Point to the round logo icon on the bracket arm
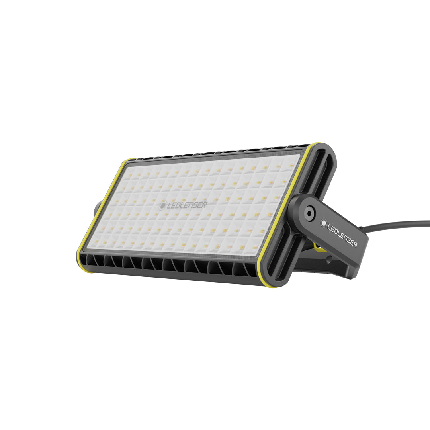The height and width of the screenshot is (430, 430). tap(324, 223)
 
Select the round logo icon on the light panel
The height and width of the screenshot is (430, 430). tap(162, 206)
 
